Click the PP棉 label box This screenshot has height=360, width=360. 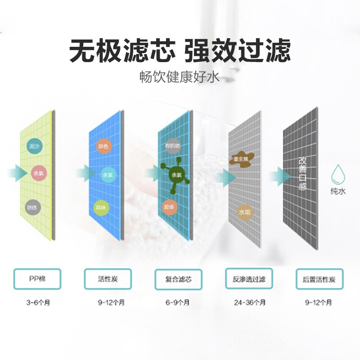(36, 279)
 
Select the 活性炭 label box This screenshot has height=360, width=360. (108, 279)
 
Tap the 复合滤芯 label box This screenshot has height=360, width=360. (179, 279)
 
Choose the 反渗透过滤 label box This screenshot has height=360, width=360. (249, 279)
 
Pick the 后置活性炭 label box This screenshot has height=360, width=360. (319, 279)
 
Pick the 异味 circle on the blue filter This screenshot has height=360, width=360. (101, 208)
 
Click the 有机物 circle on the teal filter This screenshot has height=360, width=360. (172, 146)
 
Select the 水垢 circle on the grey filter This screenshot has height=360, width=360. (244, 211)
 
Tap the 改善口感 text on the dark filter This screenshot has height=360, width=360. (302, 173)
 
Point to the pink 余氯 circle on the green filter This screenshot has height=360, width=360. (37, 173)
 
